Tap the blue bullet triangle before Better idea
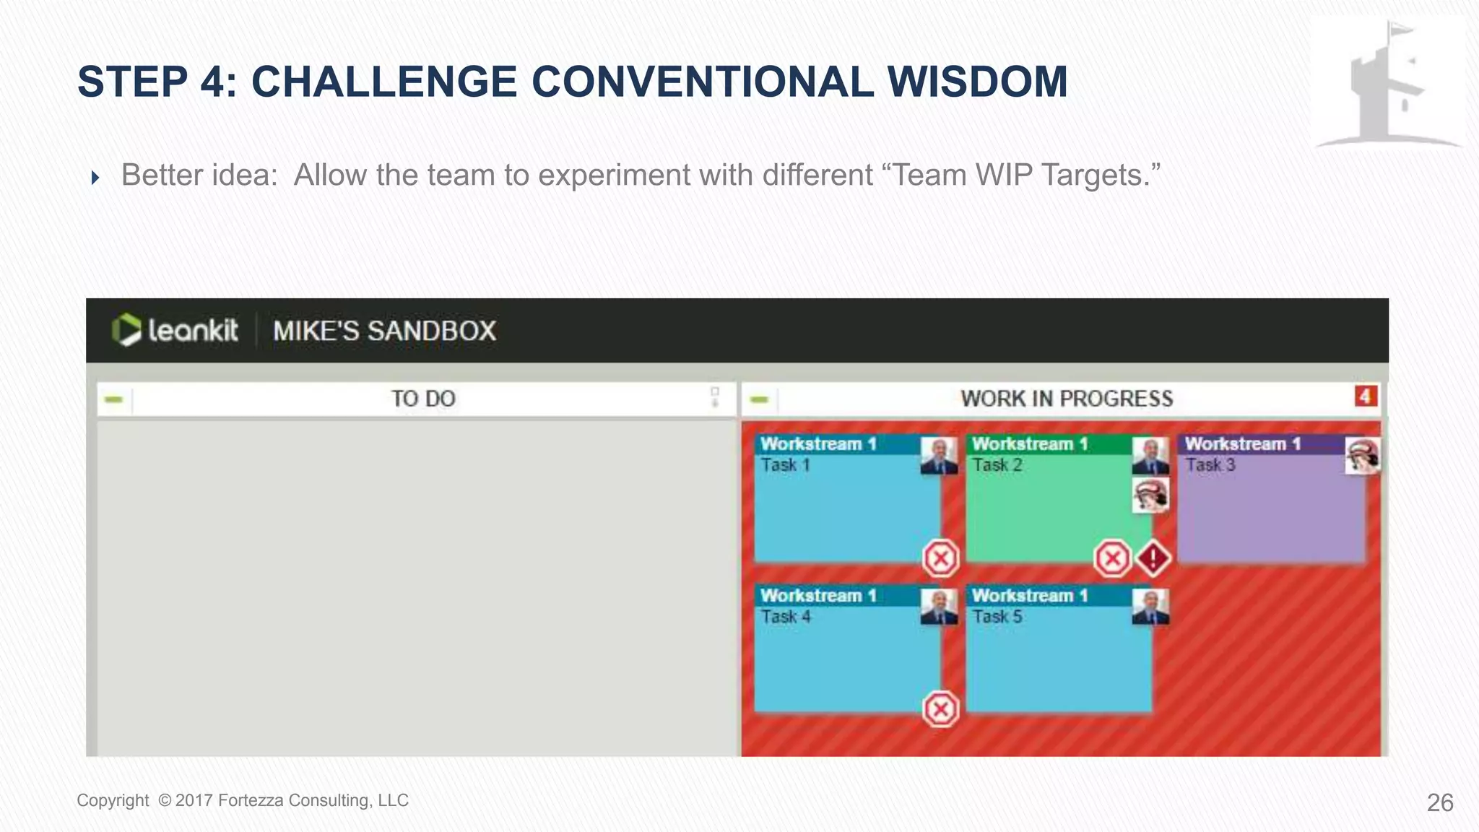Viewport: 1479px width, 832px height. point(95,178)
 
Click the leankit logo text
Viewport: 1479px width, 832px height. point(192,331)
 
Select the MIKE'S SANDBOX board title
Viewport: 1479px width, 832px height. point(384,331)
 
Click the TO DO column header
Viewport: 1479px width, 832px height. point(423,399)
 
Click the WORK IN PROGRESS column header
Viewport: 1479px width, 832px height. point(1066,399)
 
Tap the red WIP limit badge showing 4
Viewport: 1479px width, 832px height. point(1365,396)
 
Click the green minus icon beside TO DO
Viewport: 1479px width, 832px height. point(114,399)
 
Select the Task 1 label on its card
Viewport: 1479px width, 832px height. point(785,465)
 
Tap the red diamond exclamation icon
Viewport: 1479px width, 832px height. point(1153,558)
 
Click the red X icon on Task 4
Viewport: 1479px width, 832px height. point(941,709)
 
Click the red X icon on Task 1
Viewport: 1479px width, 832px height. point(941,558)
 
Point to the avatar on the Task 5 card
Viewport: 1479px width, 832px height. point(1150,607)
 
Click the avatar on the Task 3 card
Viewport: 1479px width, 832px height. point(1362,456)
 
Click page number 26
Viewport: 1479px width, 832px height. point(1439,802)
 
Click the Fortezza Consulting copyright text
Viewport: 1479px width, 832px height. point(243,800)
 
